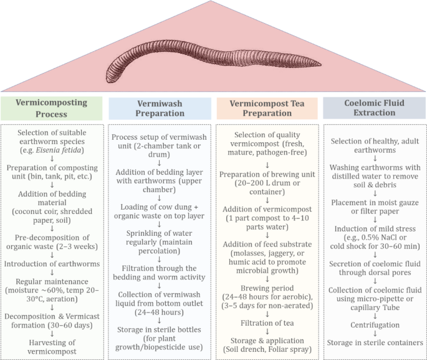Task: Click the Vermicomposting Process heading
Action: coord(52,107)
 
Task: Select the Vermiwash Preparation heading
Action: coord(161,108)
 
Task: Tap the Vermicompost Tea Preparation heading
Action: coord(266,108)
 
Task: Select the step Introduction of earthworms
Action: coord(52,263)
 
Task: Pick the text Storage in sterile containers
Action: coord(375,343)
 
